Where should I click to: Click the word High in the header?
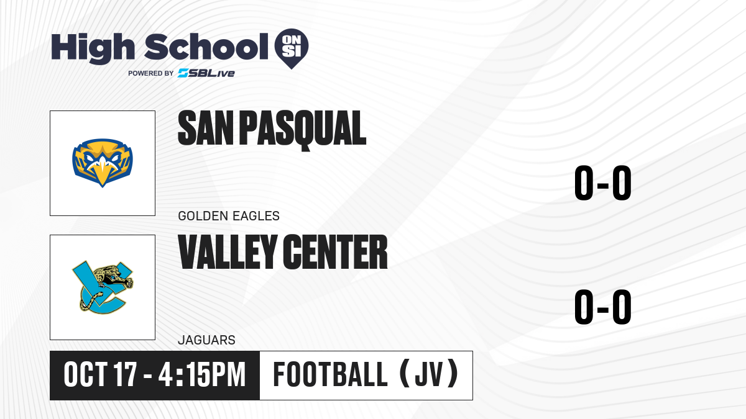(93, 48)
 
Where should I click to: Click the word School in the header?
(206, 46)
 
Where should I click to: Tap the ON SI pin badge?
(292, 48)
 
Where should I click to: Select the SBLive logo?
(206, 73)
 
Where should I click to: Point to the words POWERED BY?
(151, 73)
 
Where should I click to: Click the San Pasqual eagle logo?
(103, 163)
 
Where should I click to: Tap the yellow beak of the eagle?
(103, 174)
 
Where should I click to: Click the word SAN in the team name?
(206, 128)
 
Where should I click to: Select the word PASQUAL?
(303, 130)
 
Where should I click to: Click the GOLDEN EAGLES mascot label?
(229, 216)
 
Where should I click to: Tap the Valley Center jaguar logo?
(103, 287)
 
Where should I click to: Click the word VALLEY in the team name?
(228, 252)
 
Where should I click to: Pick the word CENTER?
(336, 252)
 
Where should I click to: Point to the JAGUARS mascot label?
(207, 340)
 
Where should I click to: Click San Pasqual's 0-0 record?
(603, 183)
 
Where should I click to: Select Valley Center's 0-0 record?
(603, 307)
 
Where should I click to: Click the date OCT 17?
(100, 375)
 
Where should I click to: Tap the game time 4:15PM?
(202, 375)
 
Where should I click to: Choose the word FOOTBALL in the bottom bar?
(330, 375)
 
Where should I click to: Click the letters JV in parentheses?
(429, 375)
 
